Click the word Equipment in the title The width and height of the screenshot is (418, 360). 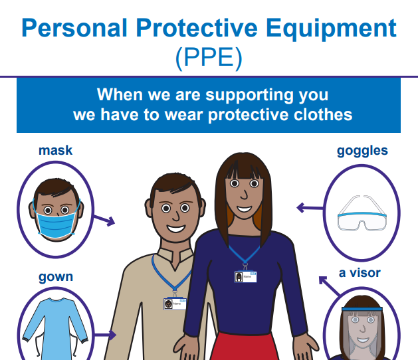click(331, 29)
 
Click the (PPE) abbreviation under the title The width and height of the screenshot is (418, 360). click(209, 58)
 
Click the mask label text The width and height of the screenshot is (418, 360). click(55, 150)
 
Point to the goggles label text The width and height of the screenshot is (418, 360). click(362, 151)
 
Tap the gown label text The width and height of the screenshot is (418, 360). click(56, 277)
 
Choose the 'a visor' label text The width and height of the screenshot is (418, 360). click(360, 273)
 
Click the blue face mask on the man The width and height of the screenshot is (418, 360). click(55, 225)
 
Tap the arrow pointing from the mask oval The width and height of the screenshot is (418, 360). click(104, 220)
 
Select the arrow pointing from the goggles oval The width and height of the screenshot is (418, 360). click(310, 208)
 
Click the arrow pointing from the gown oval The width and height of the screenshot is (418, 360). click(105, 335)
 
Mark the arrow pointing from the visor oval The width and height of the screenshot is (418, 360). click(330, 286)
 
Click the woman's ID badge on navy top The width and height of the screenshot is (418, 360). click(245, 277)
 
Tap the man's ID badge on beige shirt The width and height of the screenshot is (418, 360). click(175, 304)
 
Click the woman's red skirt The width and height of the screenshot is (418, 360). click(245, 347)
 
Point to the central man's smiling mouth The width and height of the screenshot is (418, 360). click(175, 228)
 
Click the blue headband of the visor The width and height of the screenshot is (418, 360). click(362, 310)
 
